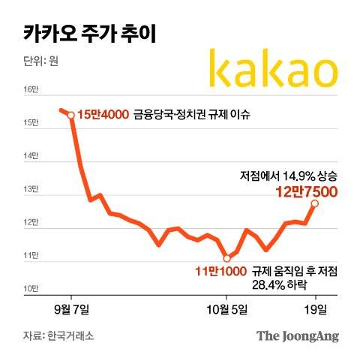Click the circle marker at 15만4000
(70, 115)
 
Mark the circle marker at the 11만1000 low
(226, 258)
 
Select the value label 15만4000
(102, 116)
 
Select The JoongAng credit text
(298, 335)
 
